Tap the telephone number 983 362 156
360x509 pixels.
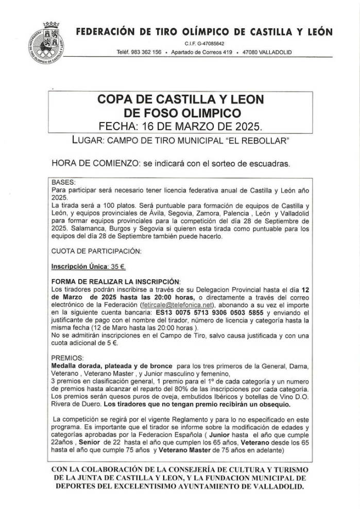click(146, 52)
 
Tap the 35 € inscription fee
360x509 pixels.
click(120, 268)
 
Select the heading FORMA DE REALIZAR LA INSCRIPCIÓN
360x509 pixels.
click(116, 282)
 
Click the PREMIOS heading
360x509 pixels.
click(66, 357)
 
